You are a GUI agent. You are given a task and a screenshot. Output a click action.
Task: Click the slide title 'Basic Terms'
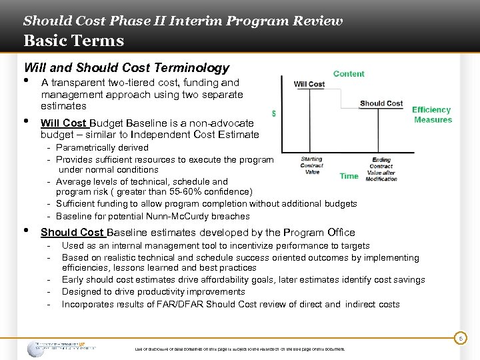click(x=73, y=41)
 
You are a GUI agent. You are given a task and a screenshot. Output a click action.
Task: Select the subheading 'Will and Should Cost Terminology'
click(x=126, y=67)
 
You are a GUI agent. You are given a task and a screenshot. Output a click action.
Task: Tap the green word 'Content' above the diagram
click(x=349, y=74)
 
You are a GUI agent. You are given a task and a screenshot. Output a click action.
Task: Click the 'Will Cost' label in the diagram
click(x=309, y=84)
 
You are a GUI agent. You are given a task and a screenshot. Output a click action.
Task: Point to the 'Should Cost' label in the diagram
click(x=381, y=103)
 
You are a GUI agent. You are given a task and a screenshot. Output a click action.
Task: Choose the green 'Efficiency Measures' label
click(x=432, y=115)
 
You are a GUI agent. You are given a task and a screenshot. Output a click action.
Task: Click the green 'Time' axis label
click(x=349, y=176)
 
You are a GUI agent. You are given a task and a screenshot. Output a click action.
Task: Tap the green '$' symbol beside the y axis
click(x=275, y=114)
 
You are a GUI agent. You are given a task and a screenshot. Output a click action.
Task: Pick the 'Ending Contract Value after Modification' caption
click(x=381, y=169)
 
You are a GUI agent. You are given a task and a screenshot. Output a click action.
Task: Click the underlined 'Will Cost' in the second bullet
click(x=63, y=123)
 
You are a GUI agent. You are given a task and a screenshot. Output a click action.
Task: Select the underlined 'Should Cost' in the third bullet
click(x=72, y=233)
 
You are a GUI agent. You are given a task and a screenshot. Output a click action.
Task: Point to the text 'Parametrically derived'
click(x=102, y=147)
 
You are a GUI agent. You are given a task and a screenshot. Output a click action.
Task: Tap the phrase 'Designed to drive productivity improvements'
click(x=153, y=291)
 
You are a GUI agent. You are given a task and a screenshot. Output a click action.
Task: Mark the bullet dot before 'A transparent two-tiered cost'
click(x=27, y=81)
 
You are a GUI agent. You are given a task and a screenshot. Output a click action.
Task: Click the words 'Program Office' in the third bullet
click(x=319, y=233)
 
